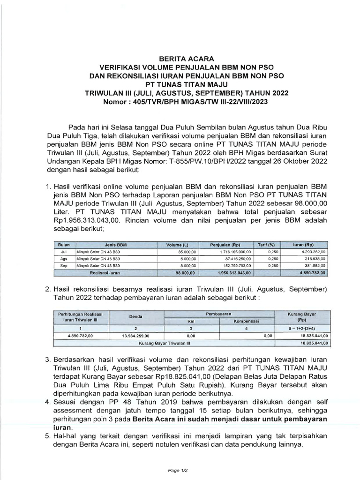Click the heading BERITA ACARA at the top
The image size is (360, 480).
[x=180, y=59]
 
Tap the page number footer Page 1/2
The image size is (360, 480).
[x=180, y=469]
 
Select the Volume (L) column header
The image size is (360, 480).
[x=177, y=245]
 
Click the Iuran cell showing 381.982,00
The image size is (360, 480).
[x=314, y=265]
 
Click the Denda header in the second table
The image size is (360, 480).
[x=135, y=317]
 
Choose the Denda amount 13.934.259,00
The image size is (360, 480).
[x=135, y=336]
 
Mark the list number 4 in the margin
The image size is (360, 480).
[x=47, y=402]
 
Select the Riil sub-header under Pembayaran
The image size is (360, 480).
[x=190, y=321]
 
